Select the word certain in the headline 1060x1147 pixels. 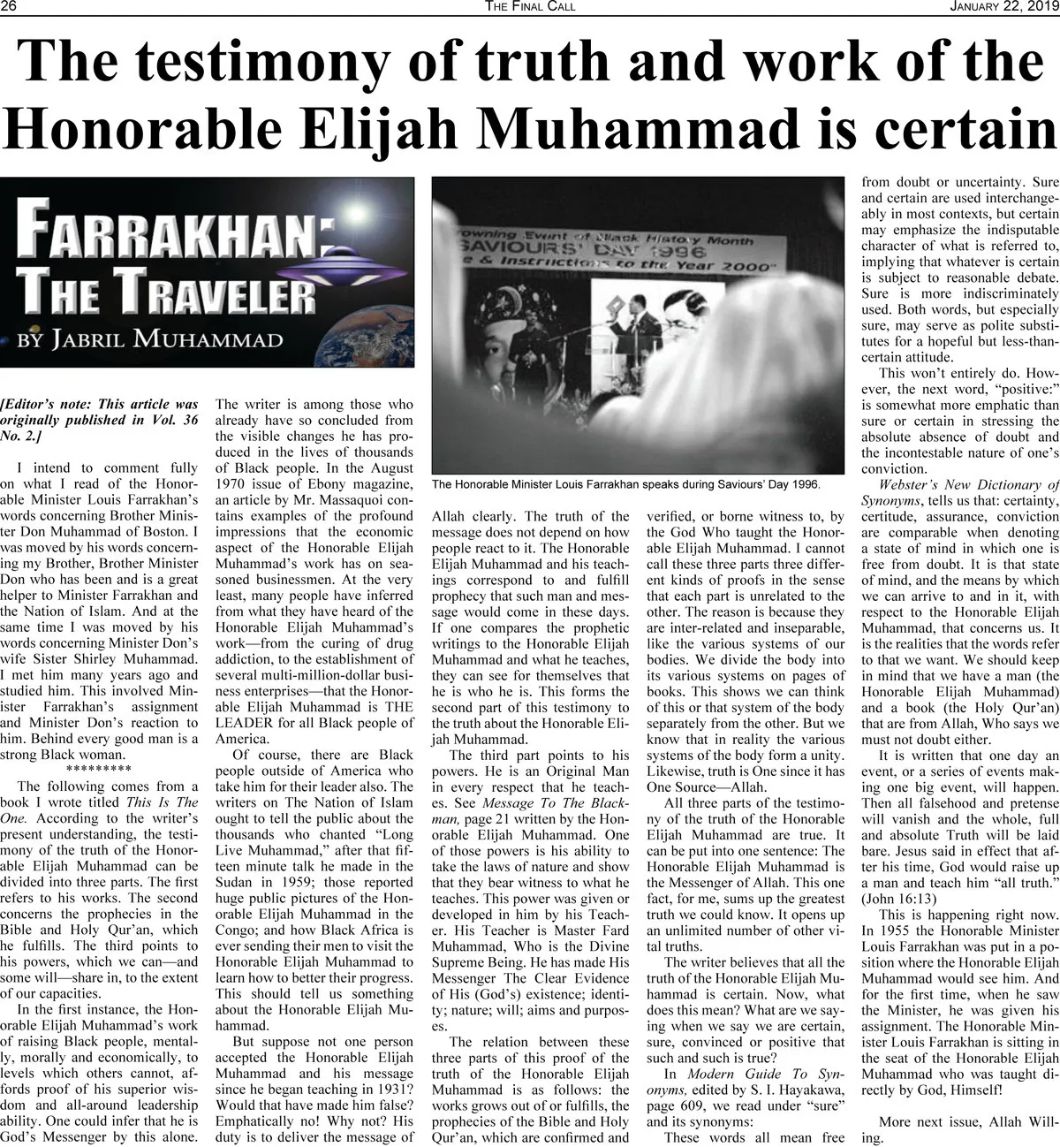tap(964, 127)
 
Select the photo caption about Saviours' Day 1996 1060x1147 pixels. tap(626, 483)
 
